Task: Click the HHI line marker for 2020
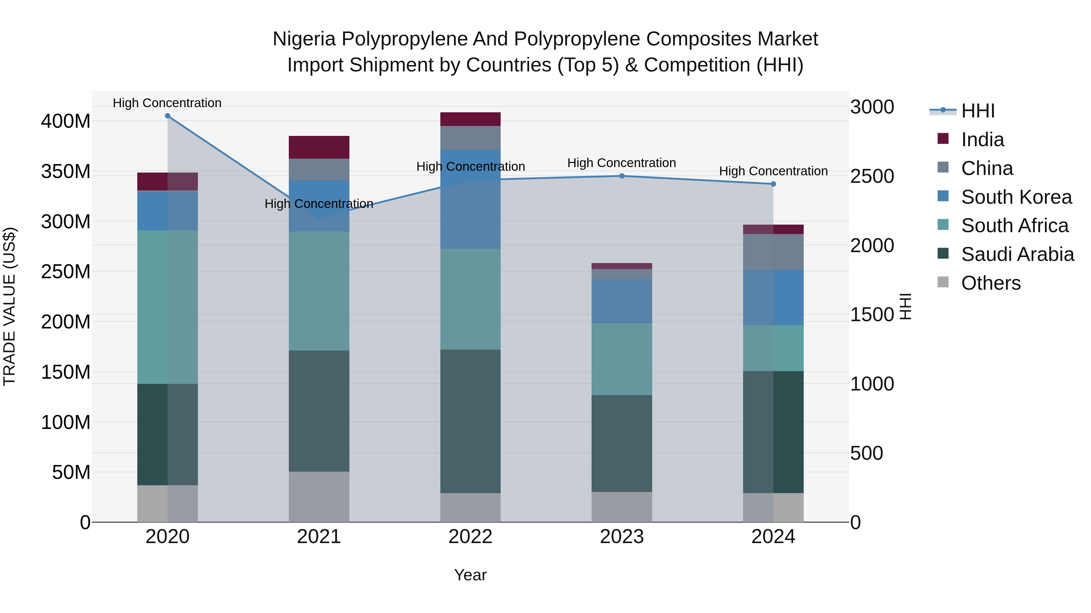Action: [167, 116]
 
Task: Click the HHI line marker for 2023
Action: [622, 176]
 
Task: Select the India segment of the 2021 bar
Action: [319, 147]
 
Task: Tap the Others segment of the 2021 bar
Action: [319, 497]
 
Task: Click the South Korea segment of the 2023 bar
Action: [622, 301]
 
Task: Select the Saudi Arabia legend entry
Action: [1017, 254]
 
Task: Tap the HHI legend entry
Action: [977, 111]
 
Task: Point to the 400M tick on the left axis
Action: [66, 121]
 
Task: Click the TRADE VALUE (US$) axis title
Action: [9, 306]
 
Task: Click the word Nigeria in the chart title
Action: [305, 39]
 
